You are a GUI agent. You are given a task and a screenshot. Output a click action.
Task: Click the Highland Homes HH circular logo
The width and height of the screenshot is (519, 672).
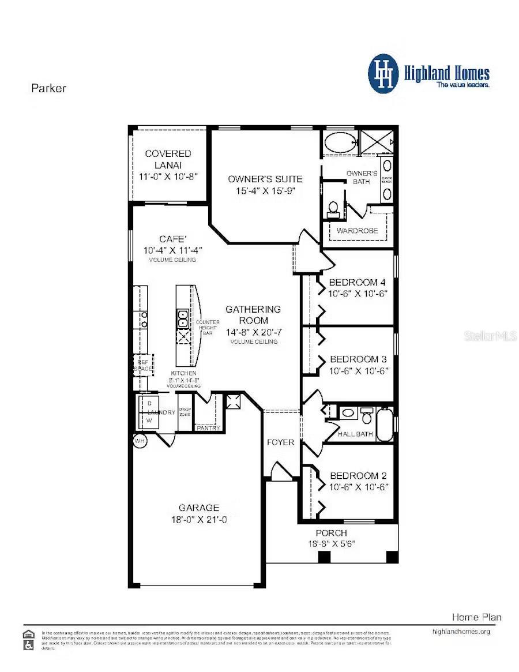[x=383, y=74]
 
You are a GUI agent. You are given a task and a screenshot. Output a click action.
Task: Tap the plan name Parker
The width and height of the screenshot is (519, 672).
[x=48, y=88]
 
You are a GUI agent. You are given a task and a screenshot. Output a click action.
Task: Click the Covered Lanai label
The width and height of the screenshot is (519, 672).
[x=168, y=154]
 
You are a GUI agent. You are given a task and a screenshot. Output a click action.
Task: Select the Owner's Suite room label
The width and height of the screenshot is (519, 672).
[x=265, y=179]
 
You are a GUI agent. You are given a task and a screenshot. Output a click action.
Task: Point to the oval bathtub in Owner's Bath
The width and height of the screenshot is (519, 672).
[x=339, y=142]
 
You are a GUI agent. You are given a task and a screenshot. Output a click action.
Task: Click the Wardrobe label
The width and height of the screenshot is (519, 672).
[x=358, y=231]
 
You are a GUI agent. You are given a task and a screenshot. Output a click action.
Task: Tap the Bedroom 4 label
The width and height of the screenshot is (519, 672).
[x=358, y=283]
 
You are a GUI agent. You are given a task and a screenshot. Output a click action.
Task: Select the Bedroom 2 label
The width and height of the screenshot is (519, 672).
[x=358, y=476]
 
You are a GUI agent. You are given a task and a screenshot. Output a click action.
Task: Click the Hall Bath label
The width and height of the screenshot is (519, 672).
[x=355, y=434]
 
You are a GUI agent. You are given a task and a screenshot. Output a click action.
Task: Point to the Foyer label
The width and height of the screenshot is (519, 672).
[x=281, y=442]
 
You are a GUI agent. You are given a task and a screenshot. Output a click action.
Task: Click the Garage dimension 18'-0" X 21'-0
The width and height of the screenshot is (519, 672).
[x=198, y=519]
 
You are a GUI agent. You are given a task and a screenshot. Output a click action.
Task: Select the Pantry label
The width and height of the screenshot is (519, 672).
[x=208, y=428]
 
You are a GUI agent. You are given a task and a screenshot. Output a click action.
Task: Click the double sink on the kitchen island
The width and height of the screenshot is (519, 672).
[x=183, y=316]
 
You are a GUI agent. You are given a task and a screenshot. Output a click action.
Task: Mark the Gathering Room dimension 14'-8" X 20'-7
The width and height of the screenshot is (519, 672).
[x=253, y=332]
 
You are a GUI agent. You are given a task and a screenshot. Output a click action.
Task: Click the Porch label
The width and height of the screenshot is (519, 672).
[x=331, y=533]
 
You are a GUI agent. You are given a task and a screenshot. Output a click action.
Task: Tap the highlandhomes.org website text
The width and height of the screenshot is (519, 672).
[x=461, y=632]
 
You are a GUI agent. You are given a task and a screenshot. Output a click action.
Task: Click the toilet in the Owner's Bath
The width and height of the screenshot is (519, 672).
[x=333, y=208]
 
